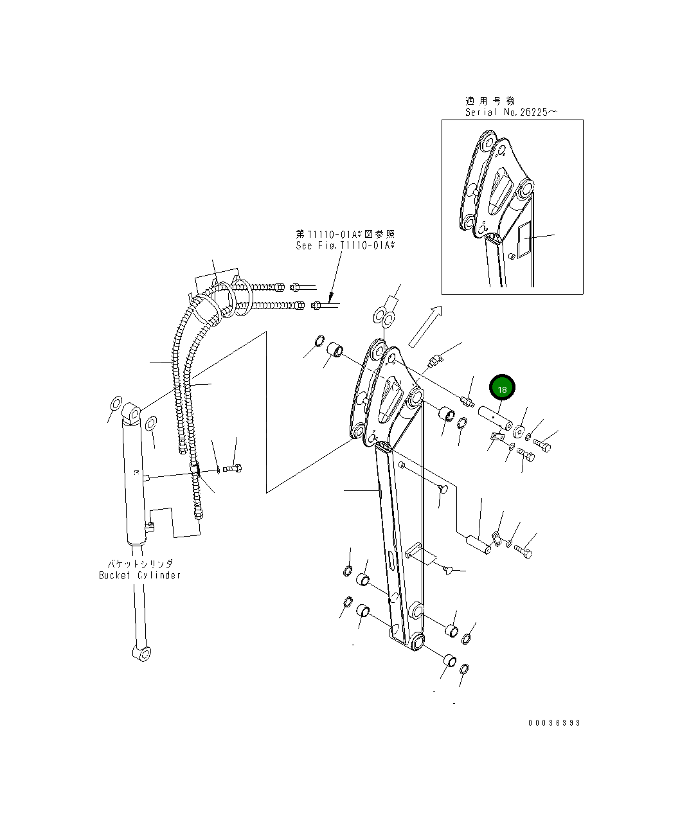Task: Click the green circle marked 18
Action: pos(503,388)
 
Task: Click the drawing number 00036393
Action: pos(554,723)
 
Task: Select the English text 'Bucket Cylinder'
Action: pos(139,575)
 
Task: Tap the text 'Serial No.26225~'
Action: pos(511,112)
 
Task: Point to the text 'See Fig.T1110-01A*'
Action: pos(345,246)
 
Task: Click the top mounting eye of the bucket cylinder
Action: pos(132,413)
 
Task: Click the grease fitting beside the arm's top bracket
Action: pos(434,362)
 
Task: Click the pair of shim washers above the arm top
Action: pos(384,316)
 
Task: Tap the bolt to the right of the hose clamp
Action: pos(232,469)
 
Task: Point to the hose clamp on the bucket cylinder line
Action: pos(195,471)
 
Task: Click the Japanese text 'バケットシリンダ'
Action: pos(139,564)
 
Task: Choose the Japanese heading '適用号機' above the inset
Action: pos(490,101)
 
